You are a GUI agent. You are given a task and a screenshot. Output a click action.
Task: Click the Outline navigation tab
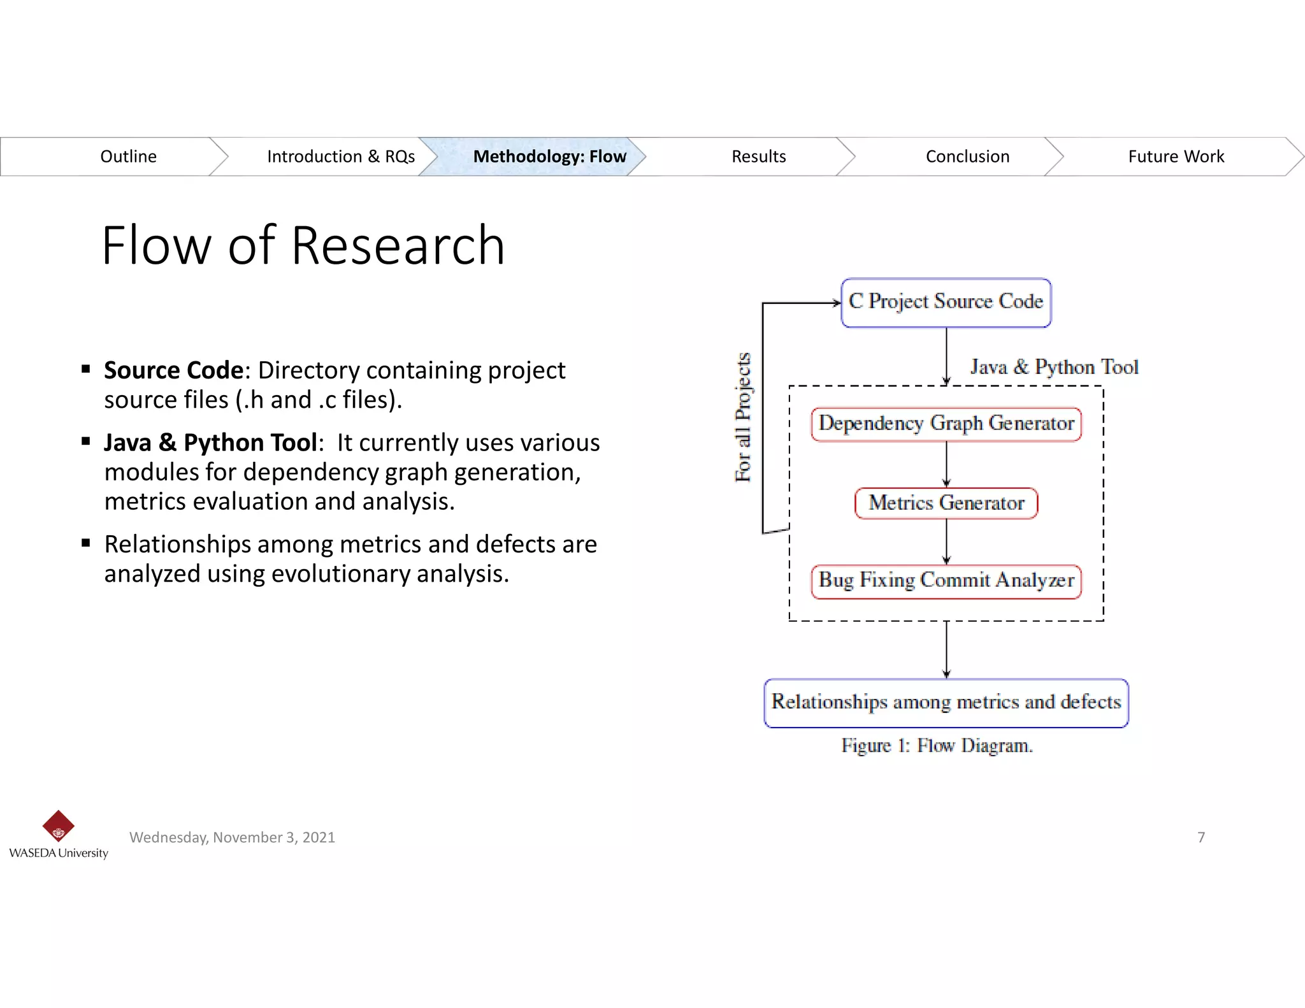(x=128, y=157)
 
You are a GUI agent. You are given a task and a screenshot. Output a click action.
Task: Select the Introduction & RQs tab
(x=340, y=157)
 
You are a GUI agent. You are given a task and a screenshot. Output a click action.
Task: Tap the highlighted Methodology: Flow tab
(x=549, y=157)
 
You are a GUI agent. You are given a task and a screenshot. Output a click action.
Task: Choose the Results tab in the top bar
(x=758, y=157)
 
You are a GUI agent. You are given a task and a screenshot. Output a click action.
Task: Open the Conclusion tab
(x=967, y=157)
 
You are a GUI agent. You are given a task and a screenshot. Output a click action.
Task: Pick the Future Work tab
(x=1176, y=157)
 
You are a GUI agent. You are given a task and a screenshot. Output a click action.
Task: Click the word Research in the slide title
(x=398, y=246)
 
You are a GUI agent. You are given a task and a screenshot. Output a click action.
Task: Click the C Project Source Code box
(x=946, y=302)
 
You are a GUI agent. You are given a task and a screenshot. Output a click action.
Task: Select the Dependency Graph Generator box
(x=946, y=424)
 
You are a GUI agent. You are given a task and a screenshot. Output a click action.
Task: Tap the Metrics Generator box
(x=946, y=503)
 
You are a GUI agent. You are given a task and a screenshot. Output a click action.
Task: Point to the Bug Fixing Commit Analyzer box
(x=946, y=580)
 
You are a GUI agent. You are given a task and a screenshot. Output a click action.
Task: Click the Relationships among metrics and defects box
(x=946, y=702)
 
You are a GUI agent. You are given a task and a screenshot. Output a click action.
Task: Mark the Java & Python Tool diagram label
(x=1054, y=368)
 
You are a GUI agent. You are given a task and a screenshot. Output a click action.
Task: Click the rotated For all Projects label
(x=743, y=417)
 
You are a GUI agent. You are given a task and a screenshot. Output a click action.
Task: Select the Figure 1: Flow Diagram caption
(x=936, y=745)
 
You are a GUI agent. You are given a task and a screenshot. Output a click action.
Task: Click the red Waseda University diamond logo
(x=58, y=826)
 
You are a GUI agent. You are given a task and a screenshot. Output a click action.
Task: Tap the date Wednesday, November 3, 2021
(x=232, y=837)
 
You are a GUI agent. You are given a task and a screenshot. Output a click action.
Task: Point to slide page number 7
(x=1200, y=837)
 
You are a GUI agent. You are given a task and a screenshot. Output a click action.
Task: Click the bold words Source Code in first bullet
(x=173, y=371)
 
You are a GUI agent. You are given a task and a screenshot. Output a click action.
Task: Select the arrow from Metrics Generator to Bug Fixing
(x=946, y=542)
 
